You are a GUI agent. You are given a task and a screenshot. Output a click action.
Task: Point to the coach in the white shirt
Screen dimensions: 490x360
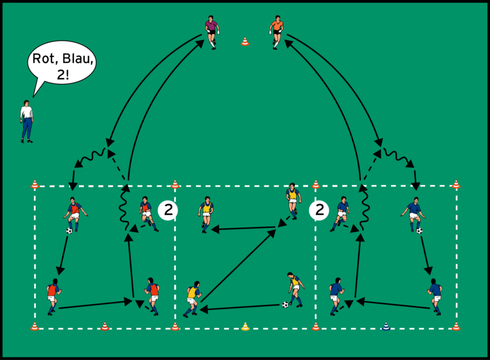pos(26,121)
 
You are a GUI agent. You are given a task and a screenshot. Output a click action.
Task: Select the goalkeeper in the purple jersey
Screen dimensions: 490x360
pos(212,32)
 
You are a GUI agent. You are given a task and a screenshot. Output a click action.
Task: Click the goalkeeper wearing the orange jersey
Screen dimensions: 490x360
pos(276,32)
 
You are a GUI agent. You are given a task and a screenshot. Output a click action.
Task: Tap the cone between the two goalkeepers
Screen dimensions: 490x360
pos(245,41)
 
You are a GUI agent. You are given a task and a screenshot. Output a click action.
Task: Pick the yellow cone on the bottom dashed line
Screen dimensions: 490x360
pos(245,326)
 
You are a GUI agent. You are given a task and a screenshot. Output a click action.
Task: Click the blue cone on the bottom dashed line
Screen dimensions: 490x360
pos(386,326)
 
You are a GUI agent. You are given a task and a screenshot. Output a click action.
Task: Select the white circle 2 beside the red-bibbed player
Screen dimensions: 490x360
pos(168,211)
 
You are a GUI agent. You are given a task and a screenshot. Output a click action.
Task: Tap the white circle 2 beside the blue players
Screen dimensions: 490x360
pos(318,211)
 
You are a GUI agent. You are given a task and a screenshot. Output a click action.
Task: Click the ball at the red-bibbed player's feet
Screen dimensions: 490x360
pos(69,231)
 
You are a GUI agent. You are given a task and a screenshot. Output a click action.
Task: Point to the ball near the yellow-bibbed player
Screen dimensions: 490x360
pos(285,304)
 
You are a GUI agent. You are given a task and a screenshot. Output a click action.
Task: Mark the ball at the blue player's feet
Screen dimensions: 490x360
pos(419,231)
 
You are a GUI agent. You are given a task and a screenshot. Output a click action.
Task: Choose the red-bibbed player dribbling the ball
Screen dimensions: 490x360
pos(75,215)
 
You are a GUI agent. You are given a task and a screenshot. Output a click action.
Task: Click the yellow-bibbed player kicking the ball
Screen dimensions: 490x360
pos(295,289)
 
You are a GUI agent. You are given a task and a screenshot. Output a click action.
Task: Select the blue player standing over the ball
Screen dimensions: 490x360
pos(413,215)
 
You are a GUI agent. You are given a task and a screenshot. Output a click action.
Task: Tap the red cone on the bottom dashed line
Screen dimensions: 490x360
pos(105,326)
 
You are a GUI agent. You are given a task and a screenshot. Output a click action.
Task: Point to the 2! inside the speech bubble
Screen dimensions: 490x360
pos(63,74)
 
